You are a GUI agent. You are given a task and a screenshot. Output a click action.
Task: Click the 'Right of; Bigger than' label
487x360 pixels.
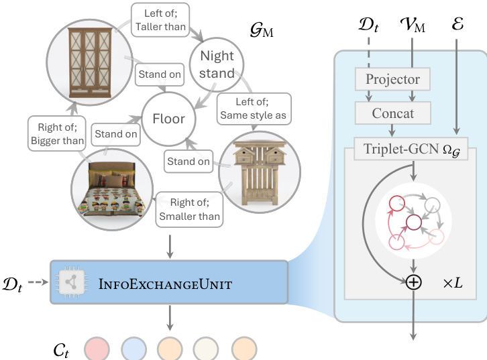click(57, 133)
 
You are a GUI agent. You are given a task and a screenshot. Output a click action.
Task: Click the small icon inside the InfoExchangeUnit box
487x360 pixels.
click(70, 284)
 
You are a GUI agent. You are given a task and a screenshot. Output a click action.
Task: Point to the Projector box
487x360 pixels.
click(392, 79)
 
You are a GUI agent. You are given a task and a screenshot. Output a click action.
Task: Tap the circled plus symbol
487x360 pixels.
click(414, 282)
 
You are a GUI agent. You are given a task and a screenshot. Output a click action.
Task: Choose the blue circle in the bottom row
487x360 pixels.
click(134, 348)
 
